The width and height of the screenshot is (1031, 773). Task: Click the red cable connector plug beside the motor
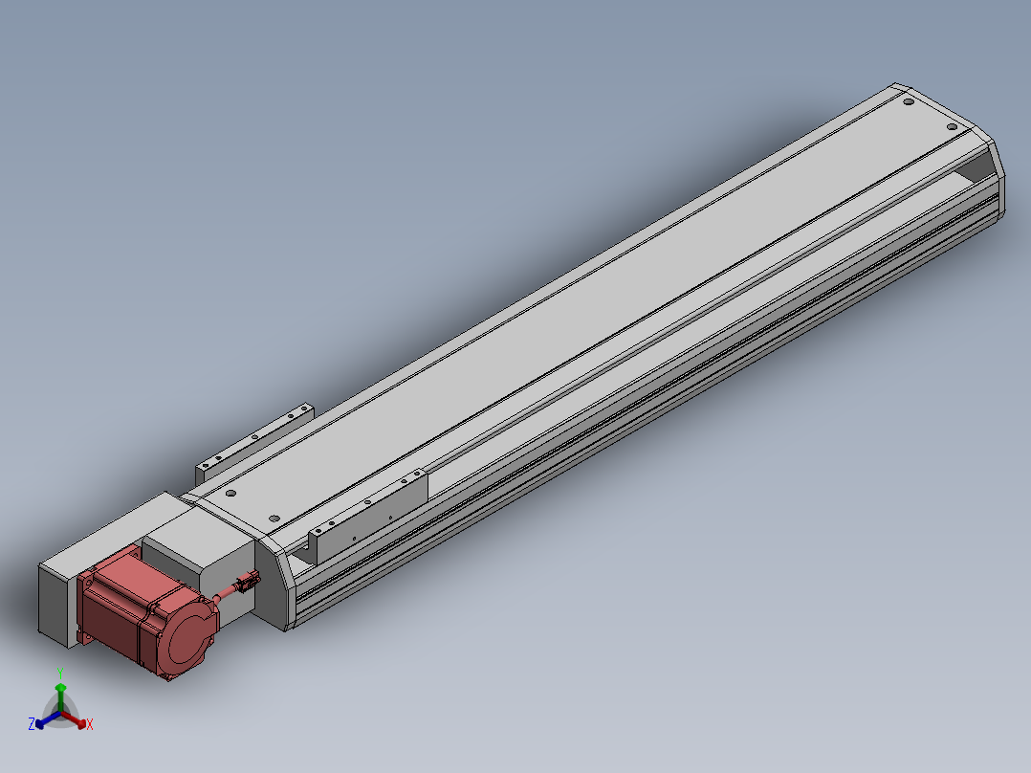point(248,582)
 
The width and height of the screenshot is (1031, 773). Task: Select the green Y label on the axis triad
point(60,674)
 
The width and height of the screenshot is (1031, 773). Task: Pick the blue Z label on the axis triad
point(31,723)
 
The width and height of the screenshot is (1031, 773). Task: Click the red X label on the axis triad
point(90,724)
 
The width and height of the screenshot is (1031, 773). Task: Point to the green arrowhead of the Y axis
point(60,688)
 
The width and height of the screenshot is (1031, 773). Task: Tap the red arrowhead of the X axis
point(81,723)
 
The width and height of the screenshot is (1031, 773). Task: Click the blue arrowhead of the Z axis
point(39,723)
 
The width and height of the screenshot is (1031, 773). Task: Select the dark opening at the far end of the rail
point(976,167)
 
